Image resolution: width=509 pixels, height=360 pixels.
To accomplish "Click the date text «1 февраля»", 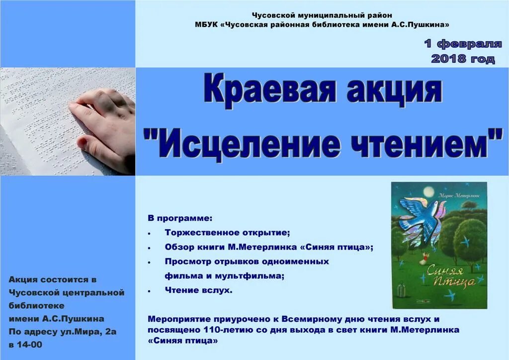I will coord(463,44).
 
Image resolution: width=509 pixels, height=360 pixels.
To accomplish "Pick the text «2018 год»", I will coord(463,59).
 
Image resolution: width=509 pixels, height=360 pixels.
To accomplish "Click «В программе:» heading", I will coord(179,218).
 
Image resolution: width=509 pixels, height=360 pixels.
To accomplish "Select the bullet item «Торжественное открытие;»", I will coord(227,232).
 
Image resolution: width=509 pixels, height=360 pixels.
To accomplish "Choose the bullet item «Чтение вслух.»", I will coord(198,290).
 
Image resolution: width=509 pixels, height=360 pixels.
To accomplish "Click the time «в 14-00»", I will coord(25,344).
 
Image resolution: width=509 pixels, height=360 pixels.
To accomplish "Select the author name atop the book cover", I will coord(454,196).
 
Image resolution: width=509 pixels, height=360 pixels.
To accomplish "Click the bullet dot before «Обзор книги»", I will coord(150,247).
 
